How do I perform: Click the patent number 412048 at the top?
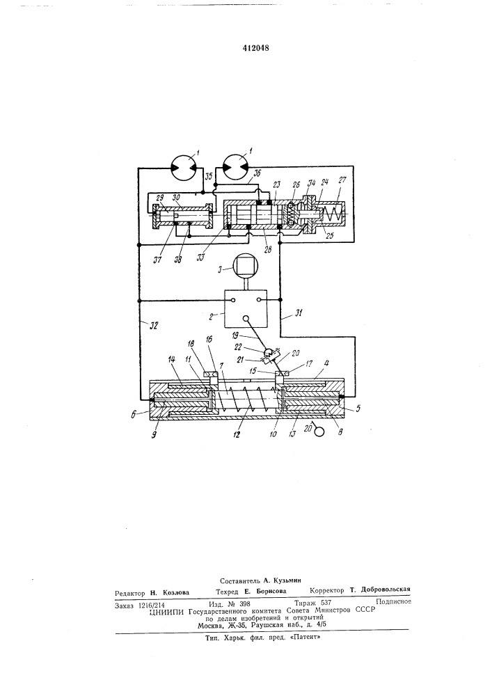coord(255,48)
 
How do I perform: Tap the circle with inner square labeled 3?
coord(245,269)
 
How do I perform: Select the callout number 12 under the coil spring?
coord(237,435)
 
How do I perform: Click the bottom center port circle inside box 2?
coord(246,318)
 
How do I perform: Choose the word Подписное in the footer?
coord(393,601)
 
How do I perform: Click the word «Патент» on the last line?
coord(305,636)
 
